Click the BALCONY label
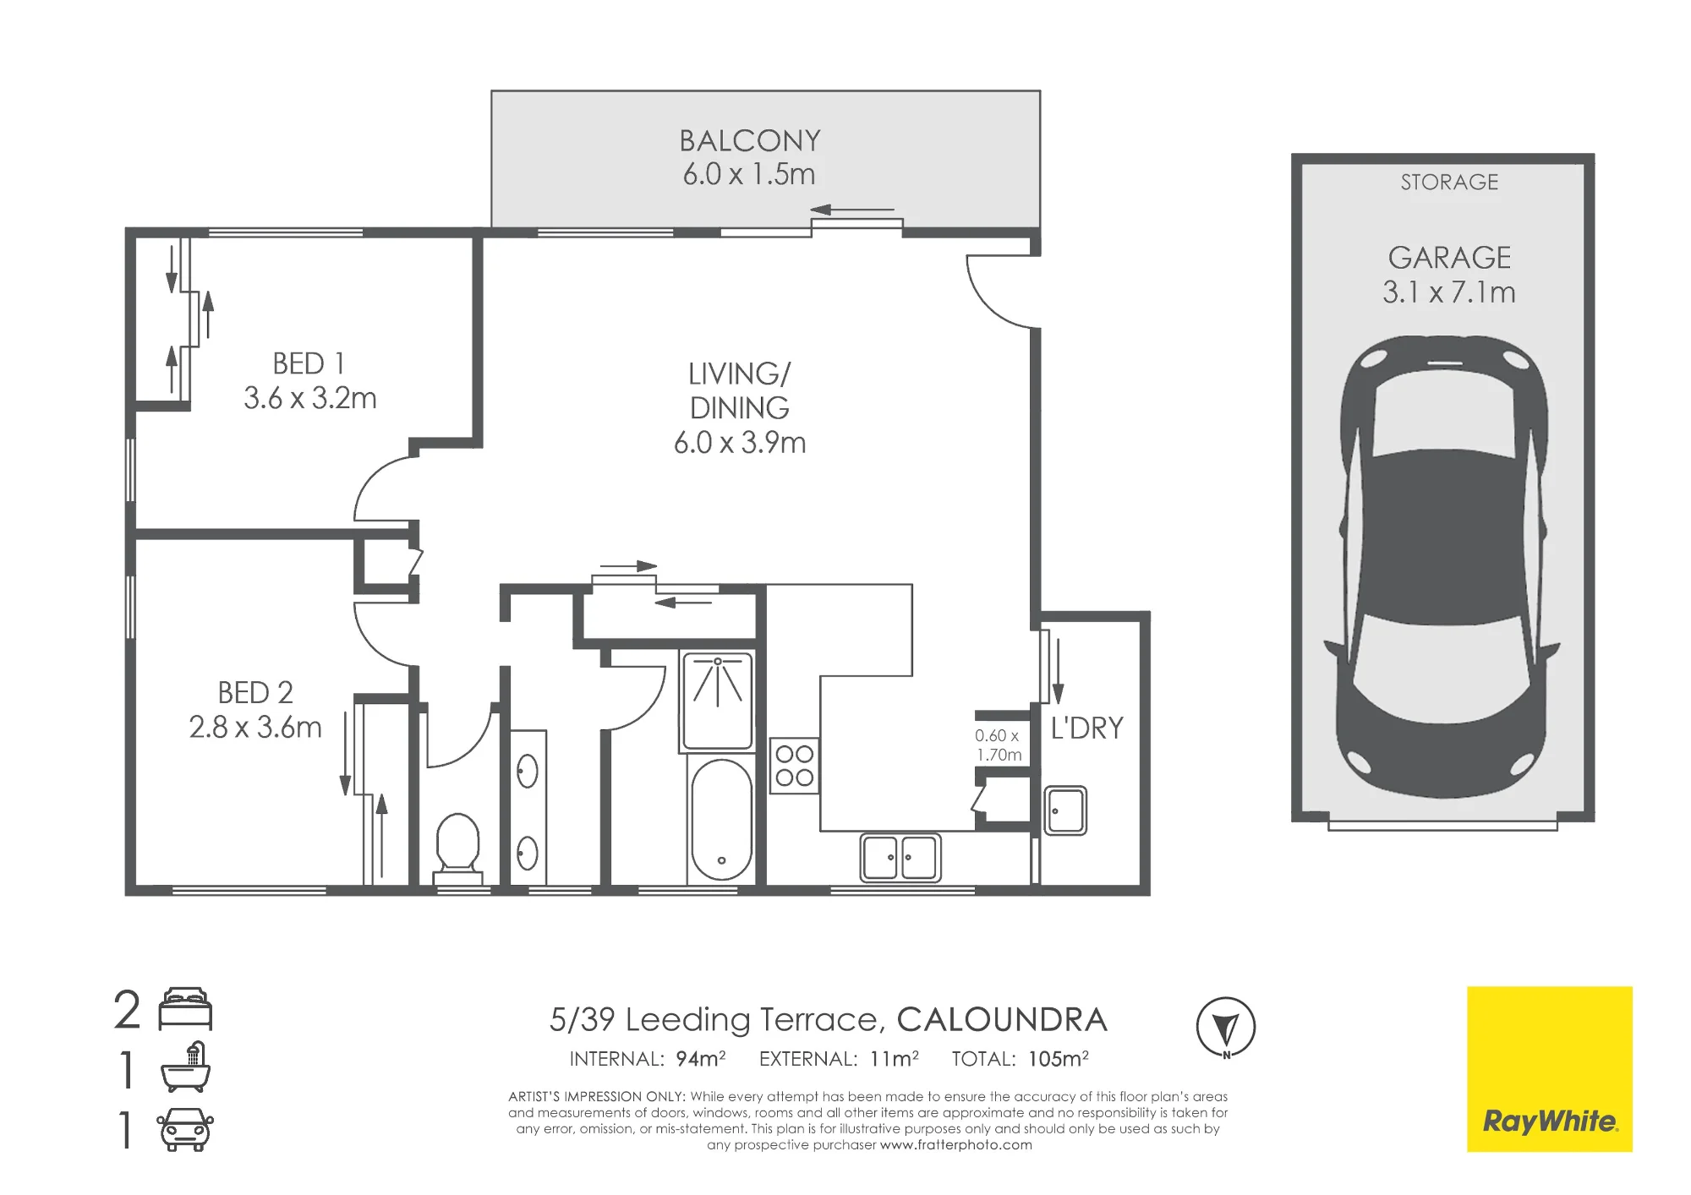click(x=750, y=140)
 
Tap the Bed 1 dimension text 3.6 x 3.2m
click(x=310, y=398)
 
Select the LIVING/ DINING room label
click(x=740, y=390)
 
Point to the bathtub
click(x=721, y=819)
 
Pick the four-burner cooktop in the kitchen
click(x=794, y=766)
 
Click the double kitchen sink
click(x=900, y=857)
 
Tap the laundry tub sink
click(x=1065, y=810)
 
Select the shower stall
click(x=717, y=701)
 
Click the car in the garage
click(x=1443, y=566)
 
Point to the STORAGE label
click(x=1449, y=182)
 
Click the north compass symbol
click(x=1226, y=1028)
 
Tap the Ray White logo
click(x=1550, y=1069)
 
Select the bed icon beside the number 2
click(x=185, y=1009)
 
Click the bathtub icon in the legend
click(x=186, y=1067)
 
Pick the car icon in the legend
click(x=185, y=1129)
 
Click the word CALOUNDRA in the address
click(x=1002, y=1020)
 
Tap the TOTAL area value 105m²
click(x=1059, y=1059)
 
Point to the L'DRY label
click(x=1087, y=728)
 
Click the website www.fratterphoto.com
click(x=956, y=1145)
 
